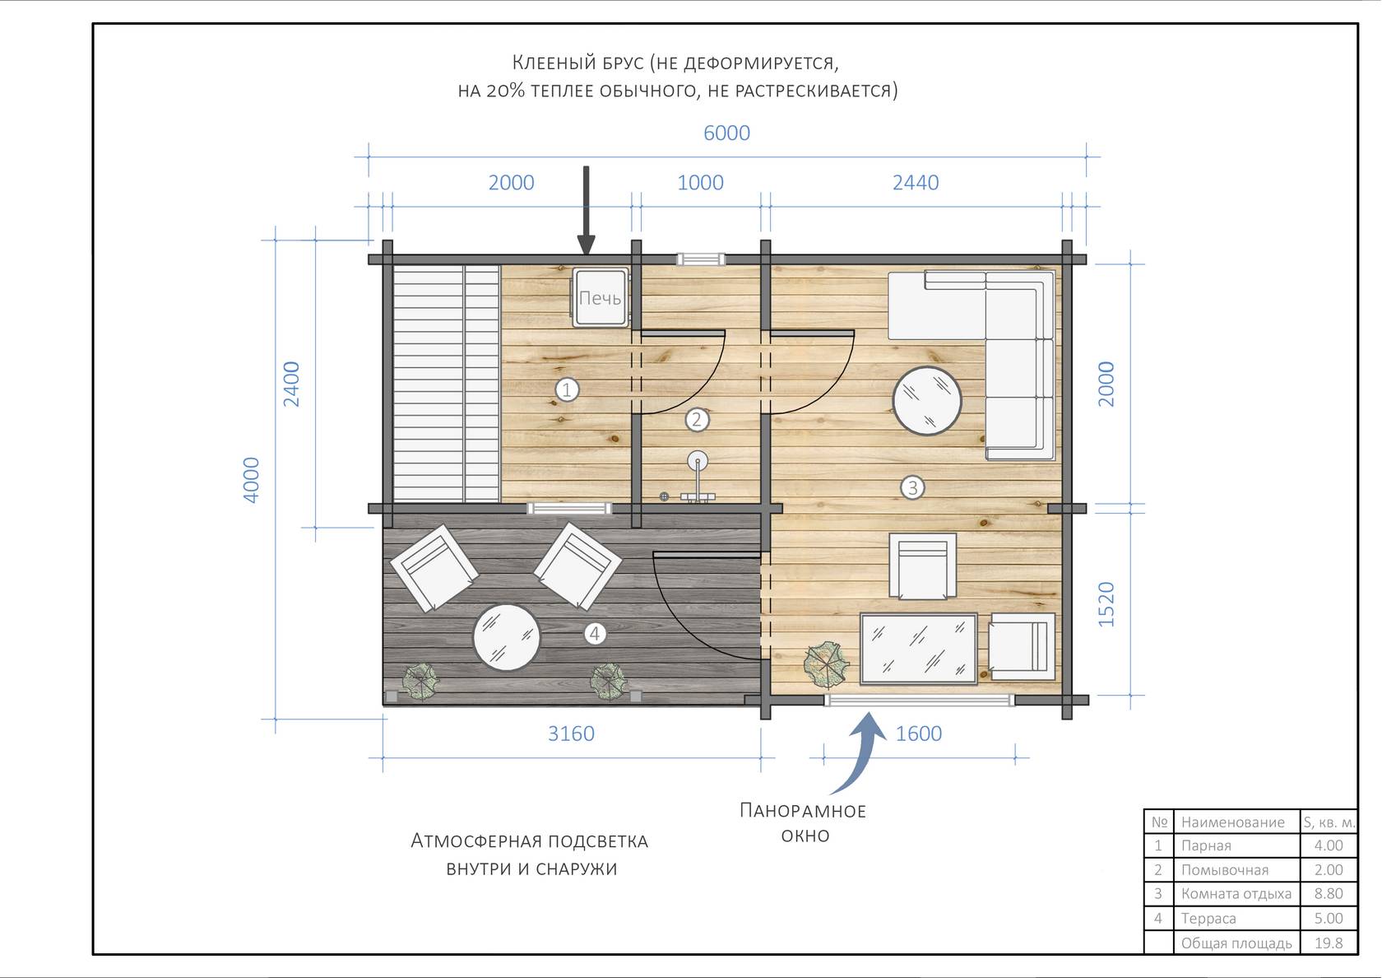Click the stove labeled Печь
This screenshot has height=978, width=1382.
601,297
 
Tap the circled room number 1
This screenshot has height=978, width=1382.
567,389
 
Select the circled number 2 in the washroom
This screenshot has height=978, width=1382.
698,419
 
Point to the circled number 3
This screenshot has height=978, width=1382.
912,487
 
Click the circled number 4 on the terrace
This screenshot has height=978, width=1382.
595,634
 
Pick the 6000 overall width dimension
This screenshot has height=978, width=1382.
727,133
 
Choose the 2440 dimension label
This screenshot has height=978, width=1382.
916,183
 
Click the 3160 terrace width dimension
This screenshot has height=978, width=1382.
571,733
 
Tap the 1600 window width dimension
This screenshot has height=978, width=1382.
919,733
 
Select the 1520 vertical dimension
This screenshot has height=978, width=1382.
1107,604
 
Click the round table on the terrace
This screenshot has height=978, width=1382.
507,637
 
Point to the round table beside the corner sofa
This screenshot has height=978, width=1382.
926,401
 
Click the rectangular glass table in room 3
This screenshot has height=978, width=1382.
919,649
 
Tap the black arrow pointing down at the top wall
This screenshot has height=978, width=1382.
586,211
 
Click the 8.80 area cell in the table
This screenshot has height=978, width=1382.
1329,893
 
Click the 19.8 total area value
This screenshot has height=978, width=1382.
1329,943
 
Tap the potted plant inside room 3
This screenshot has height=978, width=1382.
826,665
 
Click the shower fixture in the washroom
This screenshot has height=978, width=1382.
698,479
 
